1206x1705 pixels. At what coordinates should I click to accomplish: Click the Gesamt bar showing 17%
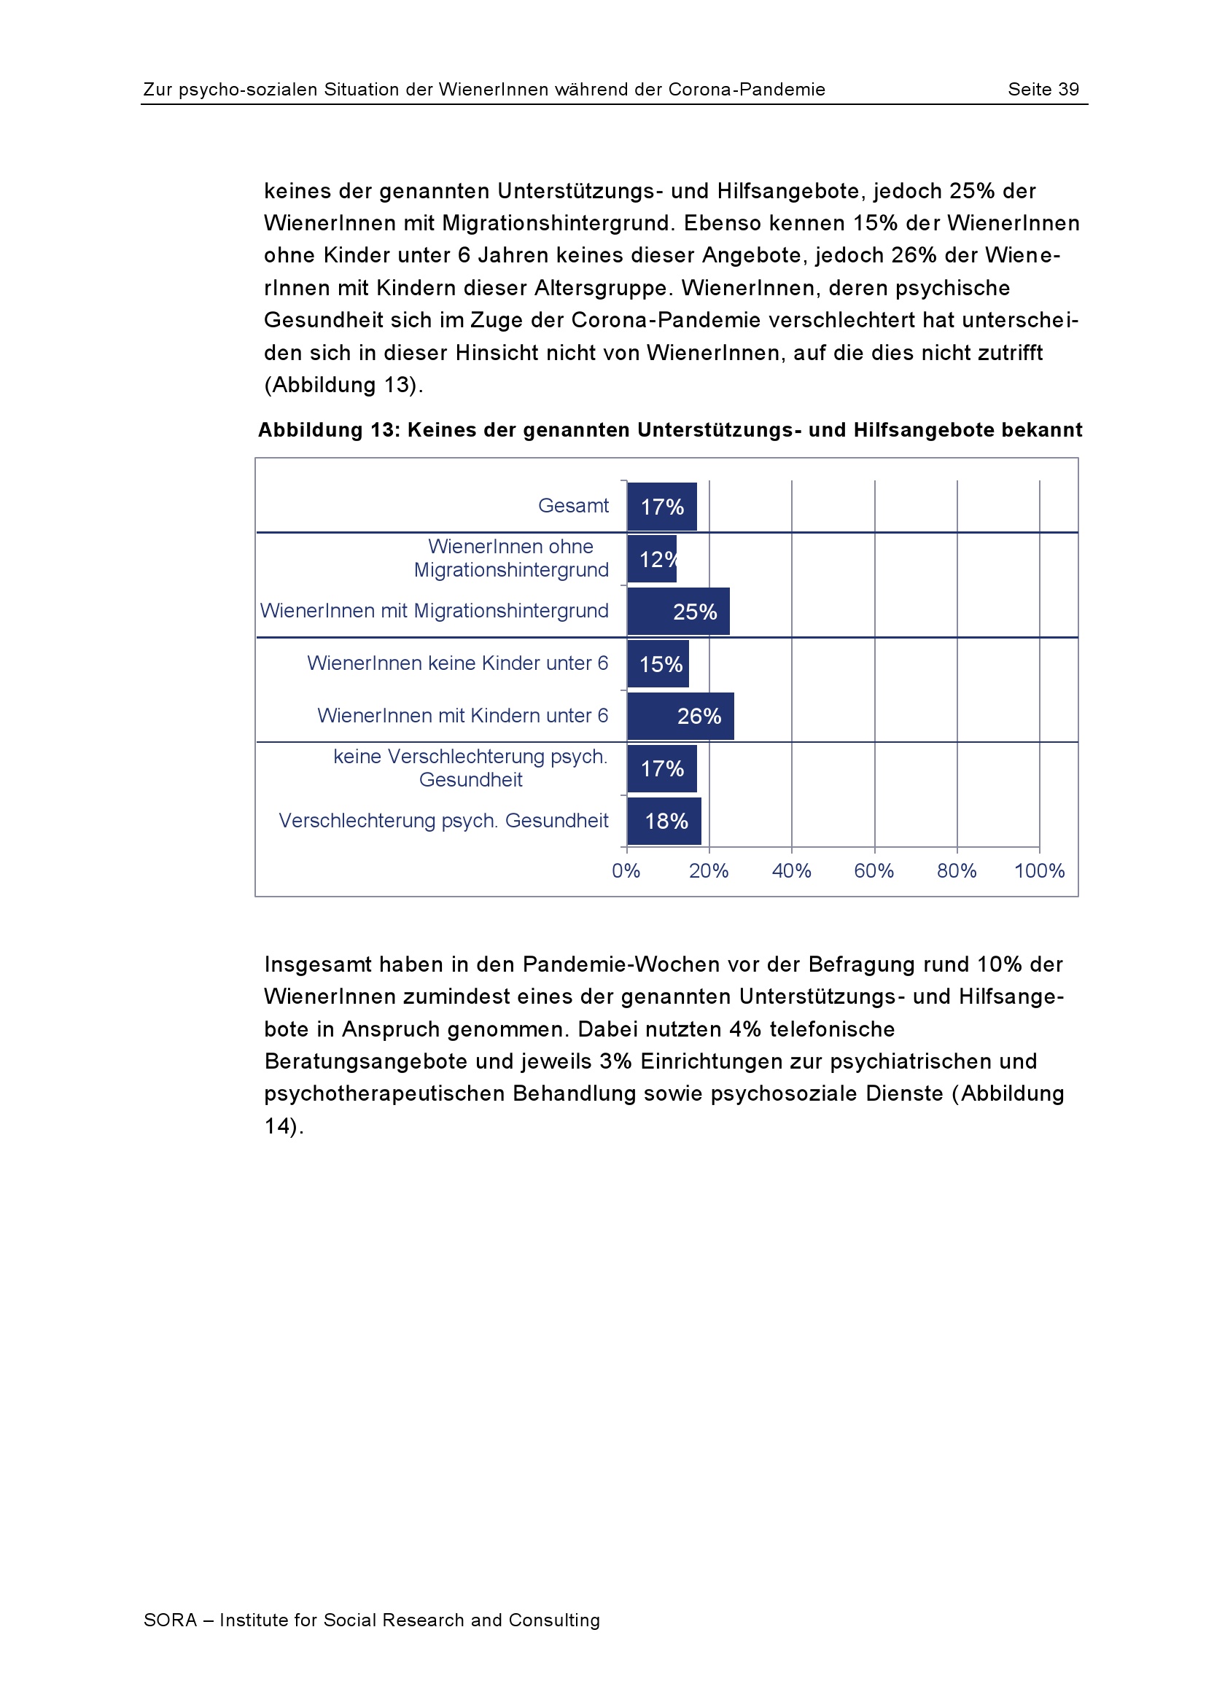click(661, 507)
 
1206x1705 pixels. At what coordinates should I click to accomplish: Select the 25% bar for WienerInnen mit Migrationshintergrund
click(678, 611)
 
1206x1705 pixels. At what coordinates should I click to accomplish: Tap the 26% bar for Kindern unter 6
click(680, 716)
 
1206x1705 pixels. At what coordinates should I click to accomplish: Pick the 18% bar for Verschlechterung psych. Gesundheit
click(664, 821)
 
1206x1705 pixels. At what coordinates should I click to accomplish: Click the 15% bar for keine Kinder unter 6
click(658, 664)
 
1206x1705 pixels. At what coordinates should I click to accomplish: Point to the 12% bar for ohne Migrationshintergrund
click(652, 559)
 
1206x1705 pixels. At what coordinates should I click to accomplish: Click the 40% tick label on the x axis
click(791, 870)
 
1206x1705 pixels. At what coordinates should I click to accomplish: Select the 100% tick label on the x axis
click(1039, 870)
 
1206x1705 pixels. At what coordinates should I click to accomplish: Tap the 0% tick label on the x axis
click(626, 870)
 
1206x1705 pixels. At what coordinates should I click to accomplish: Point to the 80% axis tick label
click(957, 870)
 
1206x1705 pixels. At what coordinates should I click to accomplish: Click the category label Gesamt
click(572, 506)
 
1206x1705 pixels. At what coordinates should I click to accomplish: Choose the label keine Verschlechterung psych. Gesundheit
click(470, 768)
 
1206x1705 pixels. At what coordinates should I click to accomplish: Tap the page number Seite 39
click(1043, 89)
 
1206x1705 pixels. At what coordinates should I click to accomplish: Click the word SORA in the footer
click(170, 1620)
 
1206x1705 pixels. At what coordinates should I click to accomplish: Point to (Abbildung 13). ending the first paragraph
click(343, 385)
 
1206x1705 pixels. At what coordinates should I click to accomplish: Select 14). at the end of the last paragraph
click(284, 1125)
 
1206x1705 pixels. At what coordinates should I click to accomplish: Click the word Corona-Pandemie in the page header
click(747, 89)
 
